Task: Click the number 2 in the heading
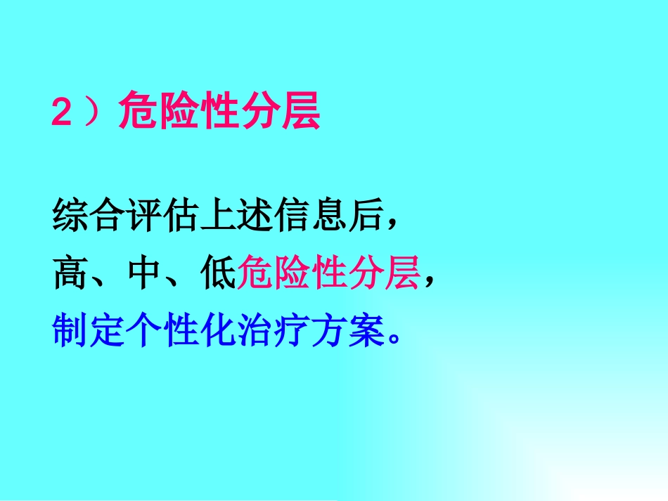tap(62, 112)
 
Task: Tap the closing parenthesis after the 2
tap(91, 112)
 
